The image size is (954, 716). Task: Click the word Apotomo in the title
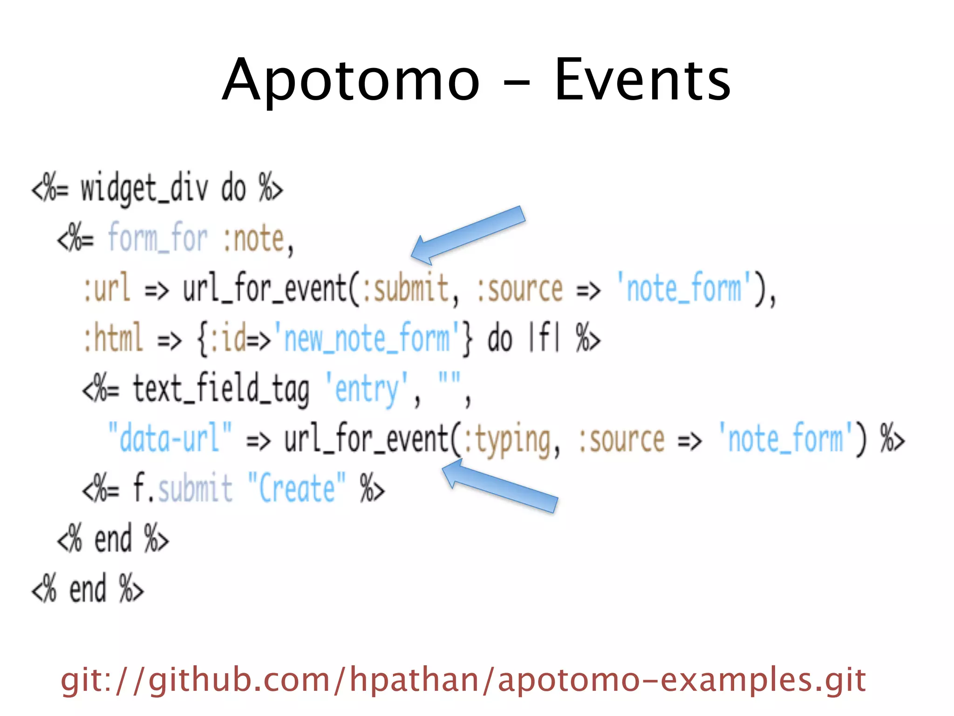(350, 80)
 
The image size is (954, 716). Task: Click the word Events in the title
(642, 80)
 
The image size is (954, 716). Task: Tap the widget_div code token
(144, 189)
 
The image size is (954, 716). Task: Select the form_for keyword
(157, 238)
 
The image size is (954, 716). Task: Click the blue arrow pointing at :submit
(468, 235)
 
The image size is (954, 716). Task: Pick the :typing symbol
(511, 440)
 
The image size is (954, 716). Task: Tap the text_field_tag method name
(221, 389)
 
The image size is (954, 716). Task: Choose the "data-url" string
(170, 438)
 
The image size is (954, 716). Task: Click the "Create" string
(296, 489)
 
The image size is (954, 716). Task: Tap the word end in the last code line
(88, 589)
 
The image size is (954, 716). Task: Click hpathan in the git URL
(414, 681)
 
